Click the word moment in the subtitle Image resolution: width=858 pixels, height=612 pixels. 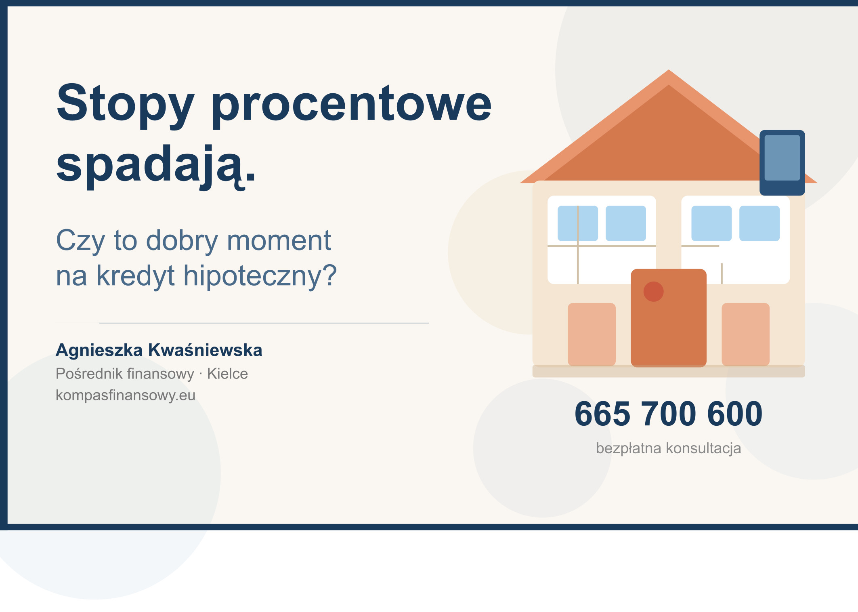click(x=279, y=240)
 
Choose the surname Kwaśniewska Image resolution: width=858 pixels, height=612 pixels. click(x=205, y=350)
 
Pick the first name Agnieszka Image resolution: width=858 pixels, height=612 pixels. click(x=99, y=351)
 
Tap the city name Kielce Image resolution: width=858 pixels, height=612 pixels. click(x=227, y=374)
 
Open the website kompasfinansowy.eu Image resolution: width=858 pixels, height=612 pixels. click(x=126, y=395)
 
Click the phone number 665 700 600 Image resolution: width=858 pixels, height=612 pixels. click(x=669, y=414)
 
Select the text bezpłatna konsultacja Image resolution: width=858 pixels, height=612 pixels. click(x=669, y=448)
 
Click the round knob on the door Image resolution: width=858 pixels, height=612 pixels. click(x=653, y=292)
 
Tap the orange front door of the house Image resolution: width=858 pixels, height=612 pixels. click(x=669, y=318)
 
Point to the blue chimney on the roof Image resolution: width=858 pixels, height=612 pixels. click(x=782, y=163)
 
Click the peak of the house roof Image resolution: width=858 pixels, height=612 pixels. click(x=669, y=70)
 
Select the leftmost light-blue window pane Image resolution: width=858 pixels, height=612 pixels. click(x=578, y=223)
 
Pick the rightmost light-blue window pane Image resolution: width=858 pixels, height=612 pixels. click(x=759, y=223)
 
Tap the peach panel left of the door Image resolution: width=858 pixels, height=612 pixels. click(x=592, y=334)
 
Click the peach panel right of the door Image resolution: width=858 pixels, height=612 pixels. click(x=746, y=334)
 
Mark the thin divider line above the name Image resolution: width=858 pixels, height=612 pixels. click(x=264, y=323)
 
